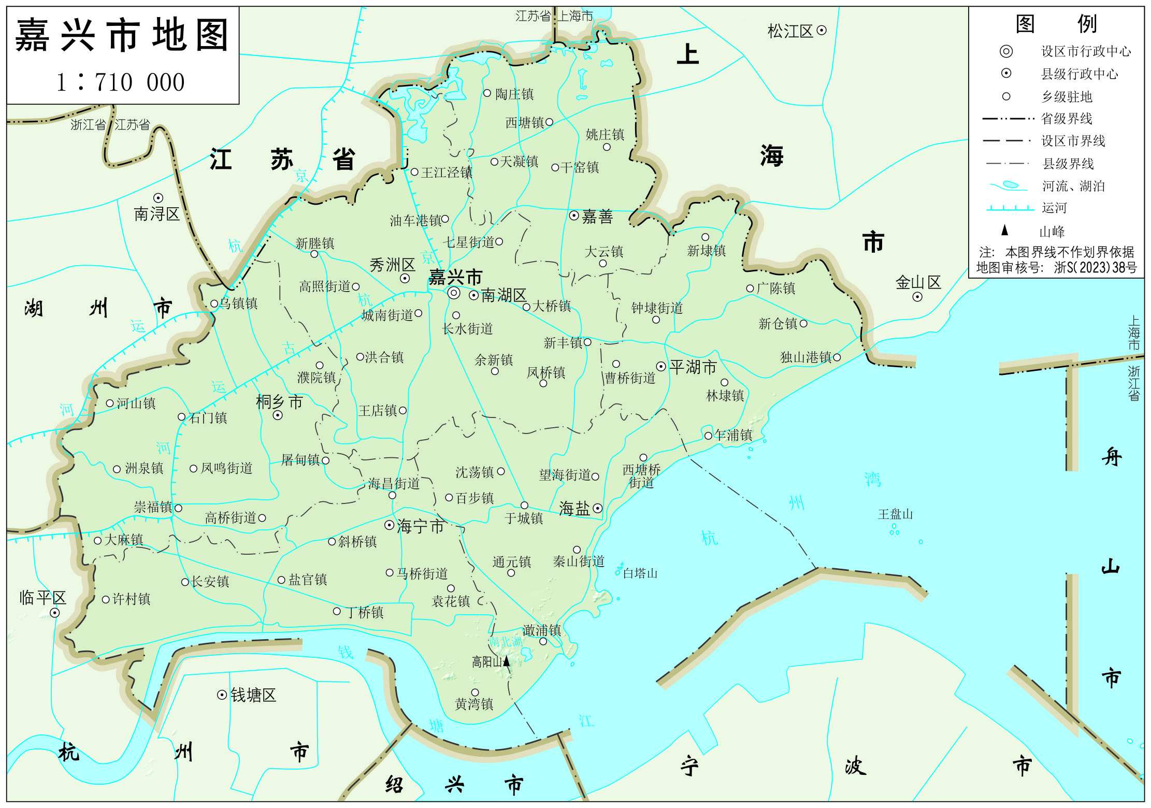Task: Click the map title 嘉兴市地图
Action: click(x=122, y=35)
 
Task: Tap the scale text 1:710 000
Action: click(x=120, y=82)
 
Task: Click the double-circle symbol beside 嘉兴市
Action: click(x=454, y=293)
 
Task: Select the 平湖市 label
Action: click(x=693, y=367)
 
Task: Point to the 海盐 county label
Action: click(x=574, y=509)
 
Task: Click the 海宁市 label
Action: click(x=420, y=527)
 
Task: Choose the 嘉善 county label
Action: click(x=597, y=217)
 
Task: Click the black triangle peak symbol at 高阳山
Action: click(x=507, y=661)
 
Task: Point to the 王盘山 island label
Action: click(x=895, y=514)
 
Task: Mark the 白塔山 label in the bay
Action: click(x=640, y=573)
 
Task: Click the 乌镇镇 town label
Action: click(x=238, y=304)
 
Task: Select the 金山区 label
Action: click(x=918, y=283)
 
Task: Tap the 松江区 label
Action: click(x=790, y=32)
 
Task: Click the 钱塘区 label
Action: click(x=253, y=695)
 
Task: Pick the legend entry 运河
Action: click(x=1054, y=208)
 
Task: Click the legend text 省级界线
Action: click(x=1066, y=119)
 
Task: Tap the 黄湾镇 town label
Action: click(x=474, y=704)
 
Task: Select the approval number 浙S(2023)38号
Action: click(x=1095, y=268)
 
